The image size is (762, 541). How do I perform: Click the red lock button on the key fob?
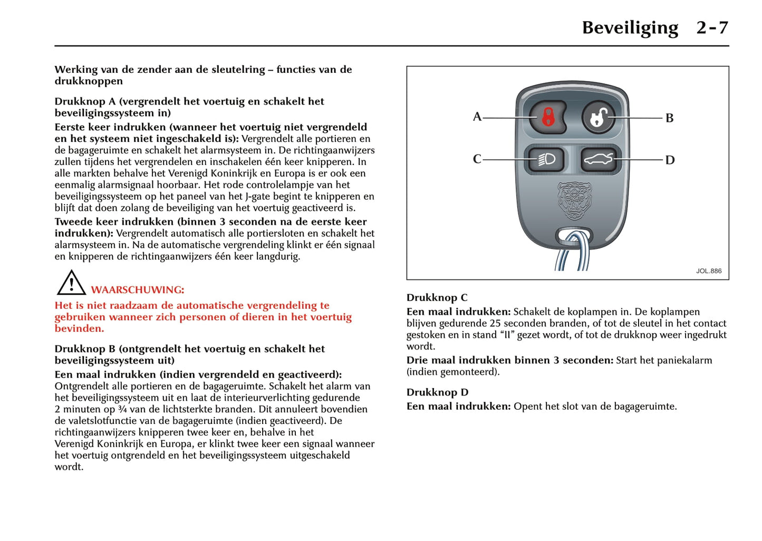click(x=548, y=117)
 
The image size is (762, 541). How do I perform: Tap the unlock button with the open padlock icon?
click(x=598, y=117)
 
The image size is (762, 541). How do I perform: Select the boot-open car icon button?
click(x=599, y=159)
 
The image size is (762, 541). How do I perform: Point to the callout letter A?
click(x=477, y=117)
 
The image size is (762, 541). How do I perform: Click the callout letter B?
click(x=669, y=118)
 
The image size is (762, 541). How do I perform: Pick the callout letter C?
click(x=477, y=159)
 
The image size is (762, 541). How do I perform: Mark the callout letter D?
click(x=670, y=160)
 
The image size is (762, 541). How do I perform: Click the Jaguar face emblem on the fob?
click(x=574, y=200)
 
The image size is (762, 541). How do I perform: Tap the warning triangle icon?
click(x=71, y=283)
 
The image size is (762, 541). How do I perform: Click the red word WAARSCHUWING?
click(x=138, y=290)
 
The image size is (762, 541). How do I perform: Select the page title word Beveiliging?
click(x=630, y=27)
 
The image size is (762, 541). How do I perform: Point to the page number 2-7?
click(x=712, y=27)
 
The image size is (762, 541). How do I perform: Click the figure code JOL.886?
click(x=708, y=271)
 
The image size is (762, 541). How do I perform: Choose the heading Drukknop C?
click(x=437, y=298)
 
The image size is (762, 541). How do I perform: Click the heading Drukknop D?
click(x=437, y=392)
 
